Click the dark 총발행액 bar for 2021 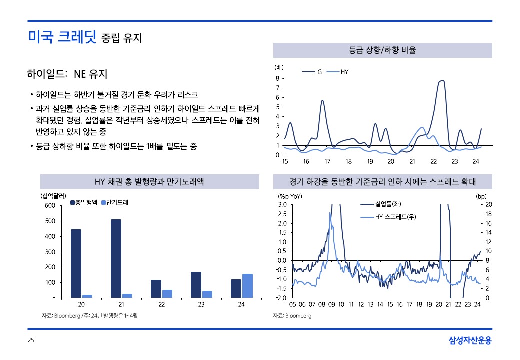tap(116, 258)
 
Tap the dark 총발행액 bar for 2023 tap(196, 285)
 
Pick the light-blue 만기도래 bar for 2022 tap(167, 293)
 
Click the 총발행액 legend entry tap(85, 203)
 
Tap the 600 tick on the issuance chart tap(50, 205)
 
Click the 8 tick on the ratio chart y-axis tap(277, 79)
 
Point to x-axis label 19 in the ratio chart tap(370, 161)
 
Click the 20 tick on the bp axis tap(489, 204)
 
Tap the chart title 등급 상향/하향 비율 tap(382, 50)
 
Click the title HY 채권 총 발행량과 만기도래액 tap(149, 182)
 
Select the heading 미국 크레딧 tap(62, 36)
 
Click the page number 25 tap(31, 341)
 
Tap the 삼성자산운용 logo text tap(470, 341)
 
